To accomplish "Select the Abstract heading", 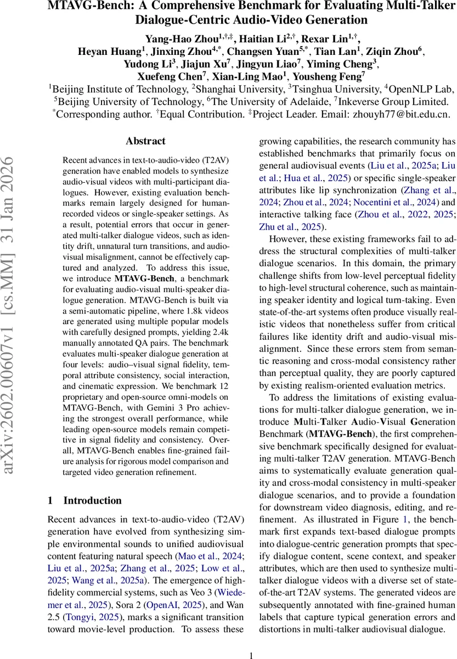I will pos(145,141).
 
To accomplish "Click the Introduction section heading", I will pos(92,500).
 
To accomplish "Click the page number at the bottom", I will pos(251,640).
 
